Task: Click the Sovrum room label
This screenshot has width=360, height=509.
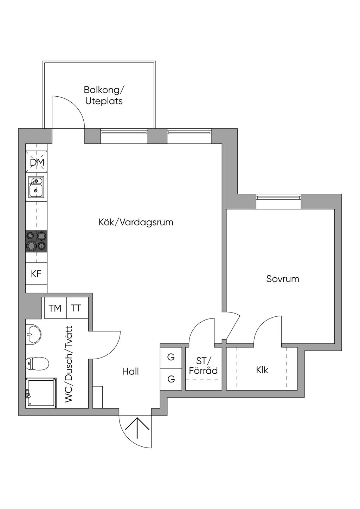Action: pyautogui.click(x=283, y=279)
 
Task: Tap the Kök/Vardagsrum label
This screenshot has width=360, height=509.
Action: pyautogui.click(x=136, y=222)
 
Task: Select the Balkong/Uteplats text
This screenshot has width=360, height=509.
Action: pyautogui.click(x=104, y=96)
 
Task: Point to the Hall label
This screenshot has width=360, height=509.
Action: pyautogui.click(x=130, y=372)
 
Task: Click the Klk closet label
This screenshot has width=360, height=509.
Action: pyautogui.click(x=262, y=370)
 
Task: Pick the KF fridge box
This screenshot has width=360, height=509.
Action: pyautogui.click(x=36, y=273)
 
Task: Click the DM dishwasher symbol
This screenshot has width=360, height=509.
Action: pyautogui.click(x=36, y=162)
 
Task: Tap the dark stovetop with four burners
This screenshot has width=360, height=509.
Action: pyautogui.click(x=36, y=241)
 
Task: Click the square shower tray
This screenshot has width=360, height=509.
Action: pyautogui.click(x=41, y=393)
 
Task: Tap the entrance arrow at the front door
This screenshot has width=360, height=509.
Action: pyautogui.click(x=137, y=429)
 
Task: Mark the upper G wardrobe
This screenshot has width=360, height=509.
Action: pyautogui.click(x=171, y=357)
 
